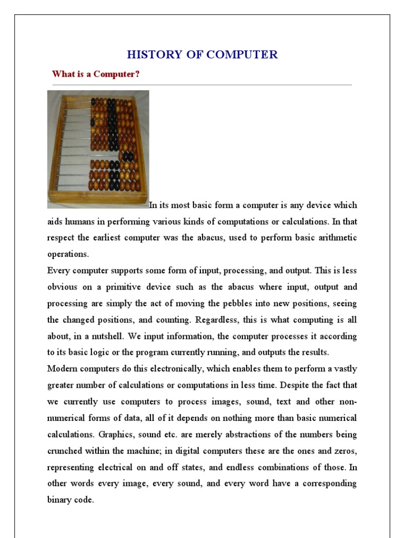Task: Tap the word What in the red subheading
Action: (63, 74)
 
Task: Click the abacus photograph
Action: (98, 149)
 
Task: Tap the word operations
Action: (67, 254)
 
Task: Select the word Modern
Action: (62, 369)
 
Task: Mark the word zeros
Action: (344, 451)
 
